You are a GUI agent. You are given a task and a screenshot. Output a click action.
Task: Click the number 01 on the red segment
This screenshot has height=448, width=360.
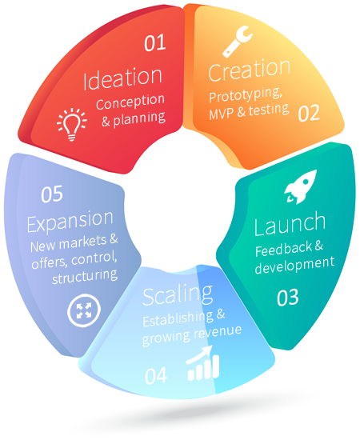[x=155, y=43]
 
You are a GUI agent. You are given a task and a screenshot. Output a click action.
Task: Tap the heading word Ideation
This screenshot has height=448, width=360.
[x=122, y=78]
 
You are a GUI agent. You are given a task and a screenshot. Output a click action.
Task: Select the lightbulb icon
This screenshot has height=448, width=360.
[x=71, y=124]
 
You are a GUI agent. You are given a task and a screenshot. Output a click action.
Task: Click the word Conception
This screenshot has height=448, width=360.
[x=130, y=102]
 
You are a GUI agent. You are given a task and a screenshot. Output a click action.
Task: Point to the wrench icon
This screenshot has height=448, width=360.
[x=237, y=42]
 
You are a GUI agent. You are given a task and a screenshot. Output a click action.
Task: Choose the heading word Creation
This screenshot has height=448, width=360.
[x=250, y=70]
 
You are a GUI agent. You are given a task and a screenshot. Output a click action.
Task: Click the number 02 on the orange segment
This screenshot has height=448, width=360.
[x=309, y=113]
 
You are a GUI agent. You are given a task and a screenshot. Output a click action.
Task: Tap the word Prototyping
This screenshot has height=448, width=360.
[x=246, y=94]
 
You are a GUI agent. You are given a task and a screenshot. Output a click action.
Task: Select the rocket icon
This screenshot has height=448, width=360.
[x=301, y=186]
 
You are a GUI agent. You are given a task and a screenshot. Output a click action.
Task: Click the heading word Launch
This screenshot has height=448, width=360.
[x=290, y=224]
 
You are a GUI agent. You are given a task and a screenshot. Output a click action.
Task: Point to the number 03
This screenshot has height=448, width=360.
[x=288, y=298]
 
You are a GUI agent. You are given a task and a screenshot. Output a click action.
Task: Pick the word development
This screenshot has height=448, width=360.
[x=294, y=265]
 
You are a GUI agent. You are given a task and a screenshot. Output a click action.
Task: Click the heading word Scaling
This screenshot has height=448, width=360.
[x=178, y=295]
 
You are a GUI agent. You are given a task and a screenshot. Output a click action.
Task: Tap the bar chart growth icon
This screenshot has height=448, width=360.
[x=203, y=363]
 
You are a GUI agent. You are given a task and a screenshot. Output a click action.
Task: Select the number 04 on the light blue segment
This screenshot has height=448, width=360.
[x=156, y=375]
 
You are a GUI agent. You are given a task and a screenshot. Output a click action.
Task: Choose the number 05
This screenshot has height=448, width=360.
[x=52, y=194]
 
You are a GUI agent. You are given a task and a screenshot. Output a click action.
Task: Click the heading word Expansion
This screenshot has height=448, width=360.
[x=70, y=221]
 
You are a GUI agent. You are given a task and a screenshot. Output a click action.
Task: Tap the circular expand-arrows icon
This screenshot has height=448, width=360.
[x=84, y=310]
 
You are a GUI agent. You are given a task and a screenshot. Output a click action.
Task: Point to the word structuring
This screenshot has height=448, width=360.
[x=85, y=277]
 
